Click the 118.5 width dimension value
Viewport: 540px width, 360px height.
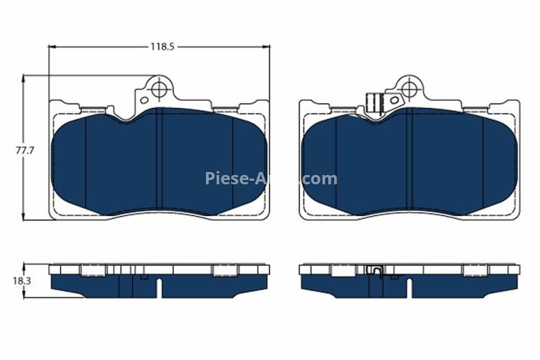(163, 47)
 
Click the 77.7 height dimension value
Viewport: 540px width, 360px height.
(26, 151)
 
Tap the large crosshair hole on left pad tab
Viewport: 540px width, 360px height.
(158, 89)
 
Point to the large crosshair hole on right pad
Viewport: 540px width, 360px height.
(408, 89)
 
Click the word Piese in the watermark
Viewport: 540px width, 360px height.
(226, 179)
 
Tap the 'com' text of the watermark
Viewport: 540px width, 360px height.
(320, 179)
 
